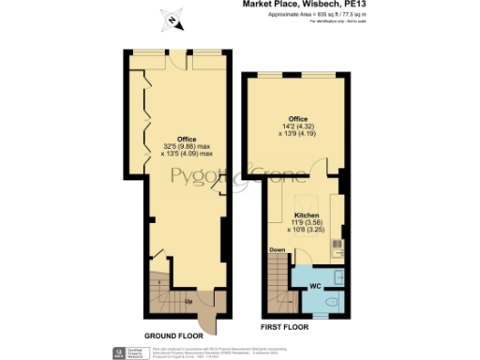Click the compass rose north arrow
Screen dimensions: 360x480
[171, 19]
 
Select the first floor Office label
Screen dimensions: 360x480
[298, 118]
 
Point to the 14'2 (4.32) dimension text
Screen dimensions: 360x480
[298, 126]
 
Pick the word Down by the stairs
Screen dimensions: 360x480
[277, 250]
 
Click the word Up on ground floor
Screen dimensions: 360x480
[188, 302]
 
